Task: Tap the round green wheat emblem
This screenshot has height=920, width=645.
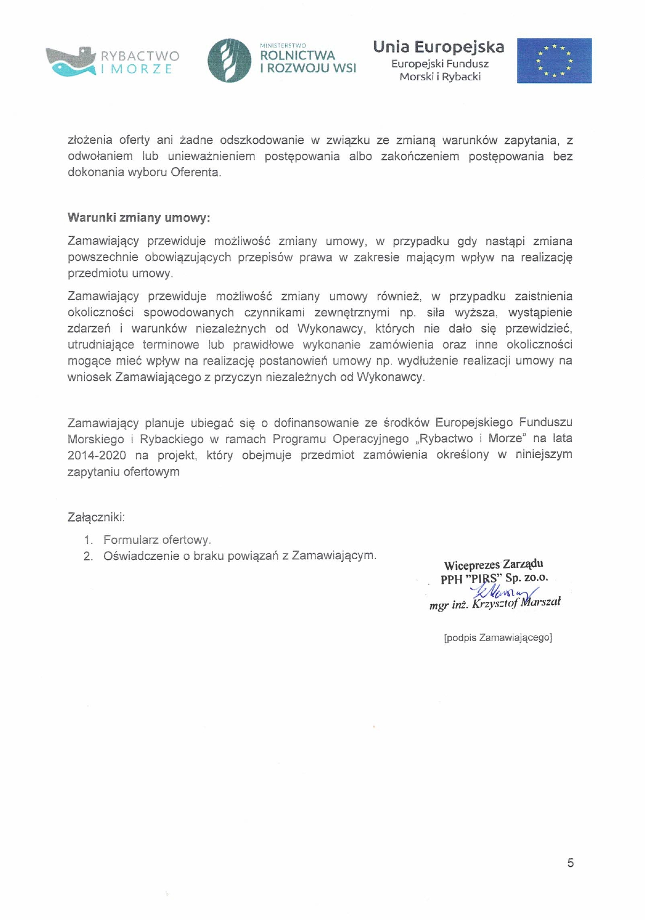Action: click(229, 61)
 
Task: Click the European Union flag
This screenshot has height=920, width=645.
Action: click(554, 61)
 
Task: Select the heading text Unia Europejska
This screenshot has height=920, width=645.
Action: click(438, 47)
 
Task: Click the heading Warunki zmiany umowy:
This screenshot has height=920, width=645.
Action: click(139, 218)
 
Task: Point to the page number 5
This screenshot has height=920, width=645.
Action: click(570, 863)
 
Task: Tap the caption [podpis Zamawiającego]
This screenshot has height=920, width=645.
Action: click(498, 637)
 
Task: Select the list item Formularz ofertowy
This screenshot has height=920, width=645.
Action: click(157, 540)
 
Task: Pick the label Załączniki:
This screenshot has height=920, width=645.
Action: click(96, 517)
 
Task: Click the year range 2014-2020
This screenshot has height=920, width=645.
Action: click(97, 455)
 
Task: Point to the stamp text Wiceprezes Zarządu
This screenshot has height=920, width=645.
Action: click(494, 565)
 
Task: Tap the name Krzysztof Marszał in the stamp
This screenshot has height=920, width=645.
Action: click(517, 603)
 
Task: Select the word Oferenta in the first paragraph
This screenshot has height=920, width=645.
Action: click(195, 172)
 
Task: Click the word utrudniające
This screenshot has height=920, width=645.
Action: click(101, 344)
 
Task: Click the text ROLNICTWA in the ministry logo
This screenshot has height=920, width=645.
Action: click(297, 56)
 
